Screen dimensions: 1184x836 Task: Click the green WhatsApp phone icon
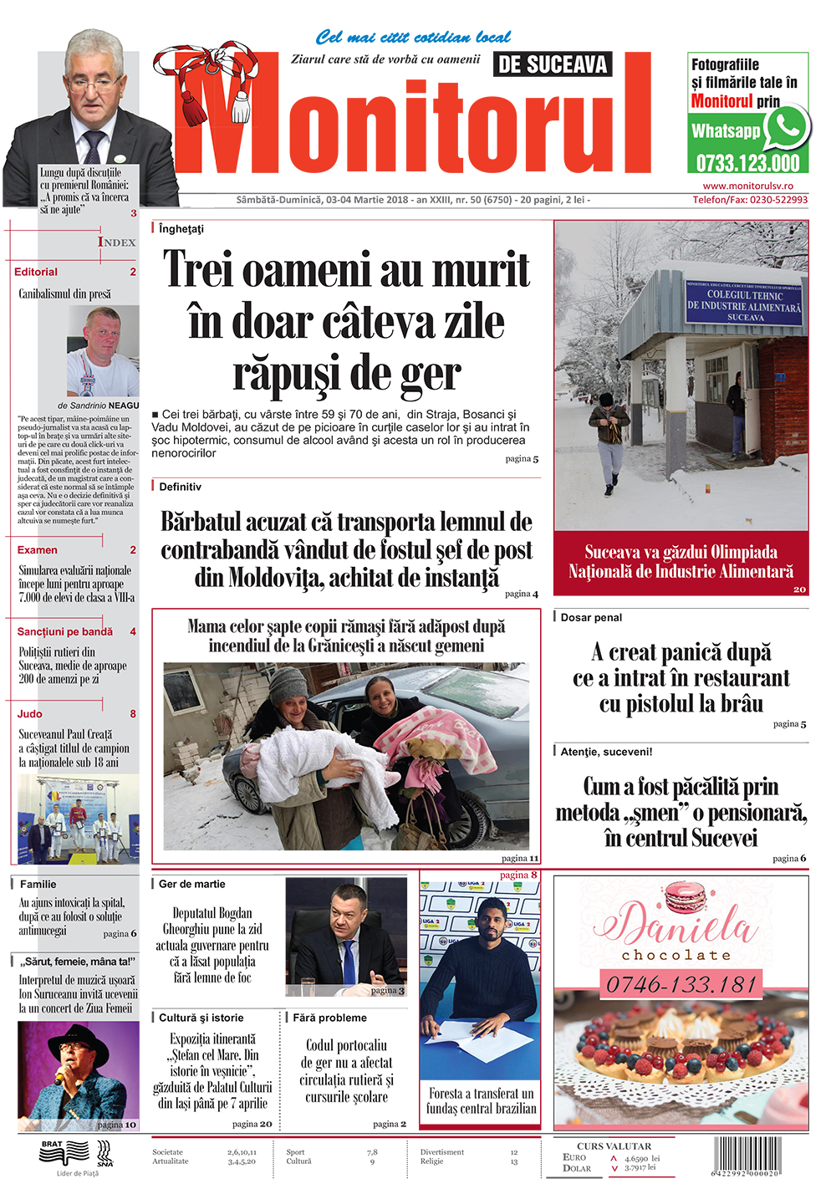point(786,127)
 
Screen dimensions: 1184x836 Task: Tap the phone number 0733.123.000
point(748,163)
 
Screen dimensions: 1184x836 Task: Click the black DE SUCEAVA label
point(553,64)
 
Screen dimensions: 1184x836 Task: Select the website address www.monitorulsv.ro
point(748,186)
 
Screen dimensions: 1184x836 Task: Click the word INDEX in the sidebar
point(116,242)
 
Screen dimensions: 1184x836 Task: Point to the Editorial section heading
point(36,272)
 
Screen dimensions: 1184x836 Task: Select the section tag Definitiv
point(180,487)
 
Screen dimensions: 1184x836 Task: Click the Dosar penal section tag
point(591,618)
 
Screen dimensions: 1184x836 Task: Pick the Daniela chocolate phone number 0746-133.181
point(681,984)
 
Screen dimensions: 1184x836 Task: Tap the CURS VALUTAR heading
point(614,1146)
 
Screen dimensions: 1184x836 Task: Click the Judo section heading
point(29,714)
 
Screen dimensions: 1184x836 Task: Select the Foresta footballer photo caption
point(480,1100)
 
